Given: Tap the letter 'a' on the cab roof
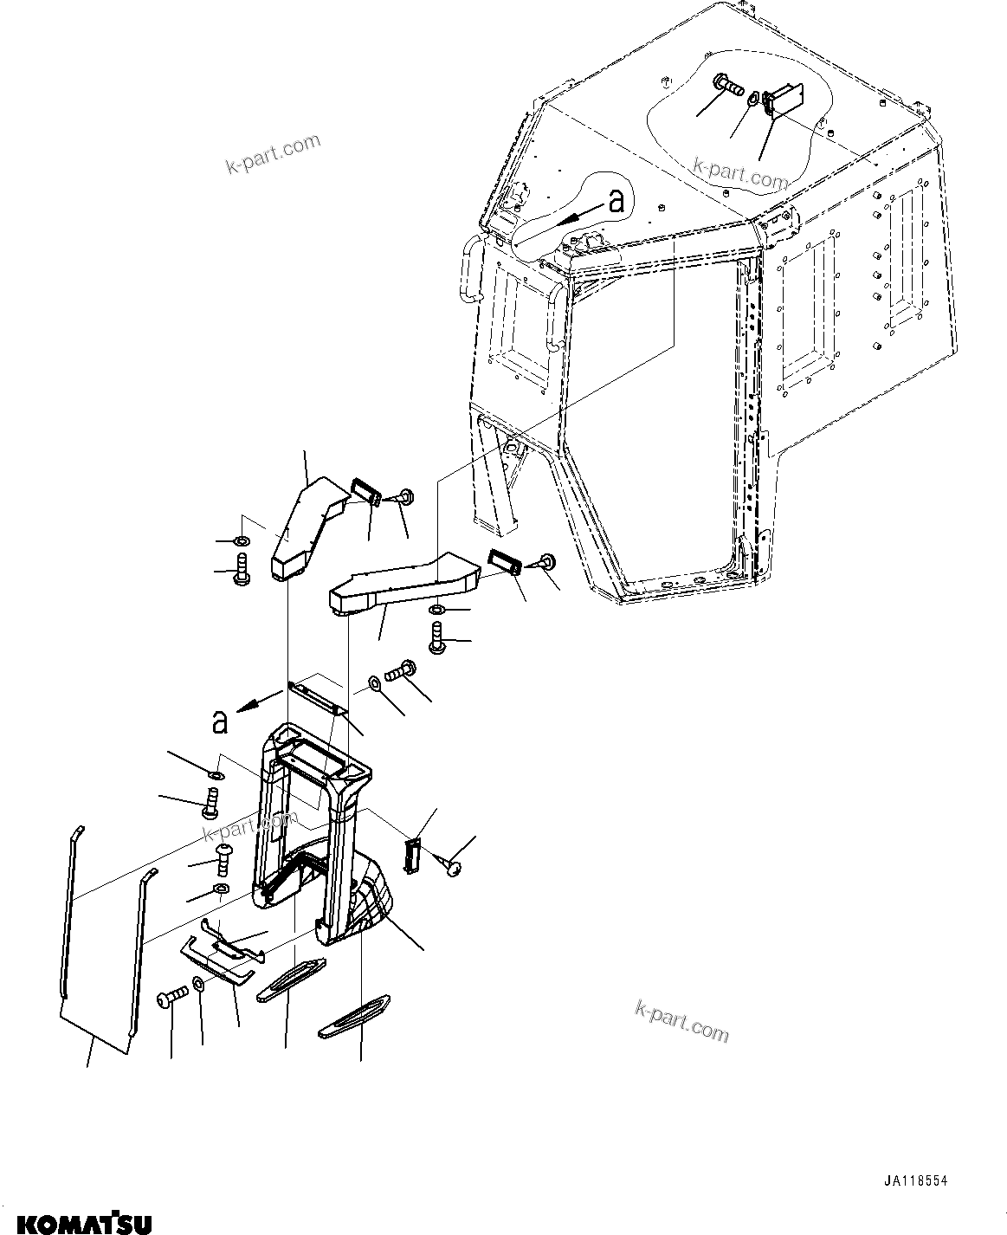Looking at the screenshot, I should pyautogui.click(x=616, y=201).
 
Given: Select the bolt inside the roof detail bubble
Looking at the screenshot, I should pyautogui.click(x=730, y=87).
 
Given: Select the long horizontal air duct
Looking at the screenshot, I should pyautogui.click(x=403, y=585).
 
